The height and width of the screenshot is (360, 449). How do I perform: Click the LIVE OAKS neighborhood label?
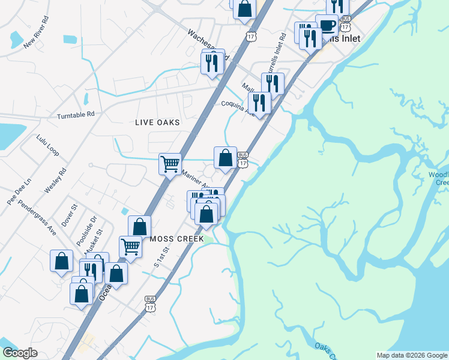[157, 122]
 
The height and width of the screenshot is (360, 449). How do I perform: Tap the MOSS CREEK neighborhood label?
[177, 239]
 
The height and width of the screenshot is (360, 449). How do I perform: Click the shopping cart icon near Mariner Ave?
[170, 163]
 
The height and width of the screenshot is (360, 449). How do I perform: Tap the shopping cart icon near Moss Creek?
[130, 246]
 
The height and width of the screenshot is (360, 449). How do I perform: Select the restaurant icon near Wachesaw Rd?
[211, 62]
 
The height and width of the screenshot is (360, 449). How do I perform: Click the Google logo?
[20, 353]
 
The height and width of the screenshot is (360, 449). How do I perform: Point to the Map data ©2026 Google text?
[411, 355]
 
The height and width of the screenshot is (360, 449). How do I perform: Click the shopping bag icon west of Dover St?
[61, 260]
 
